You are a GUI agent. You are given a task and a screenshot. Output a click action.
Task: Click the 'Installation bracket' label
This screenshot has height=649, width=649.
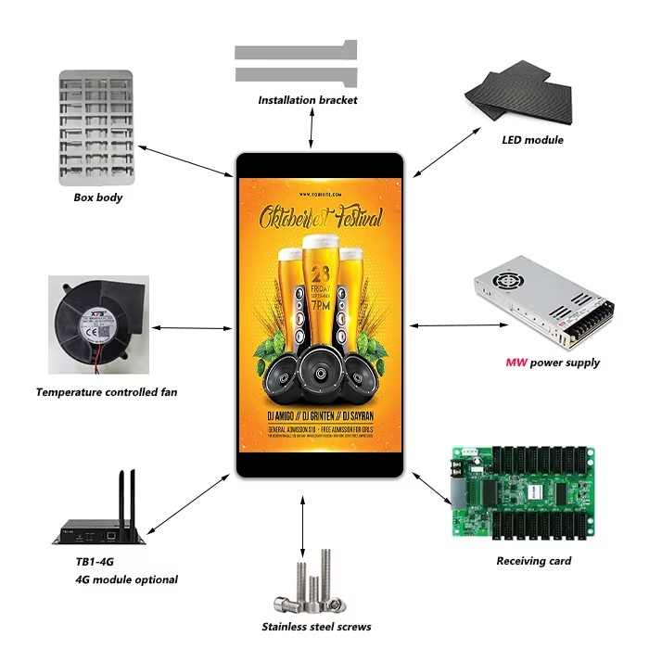pos(307,100)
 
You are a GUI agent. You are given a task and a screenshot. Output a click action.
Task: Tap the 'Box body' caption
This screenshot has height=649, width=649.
pos(98,197)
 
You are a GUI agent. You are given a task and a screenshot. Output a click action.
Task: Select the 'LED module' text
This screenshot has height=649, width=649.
pos(532,140)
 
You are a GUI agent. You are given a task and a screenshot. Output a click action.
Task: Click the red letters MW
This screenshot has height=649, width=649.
pos(515,363)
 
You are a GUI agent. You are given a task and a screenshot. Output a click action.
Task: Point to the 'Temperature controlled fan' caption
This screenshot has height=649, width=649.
pos(107,392)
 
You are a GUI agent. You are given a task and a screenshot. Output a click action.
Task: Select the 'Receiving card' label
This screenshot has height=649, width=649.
pos(534,561)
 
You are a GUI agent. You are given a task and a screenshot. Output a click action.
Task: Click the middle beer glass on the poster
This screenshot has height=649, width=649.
pos(321,278)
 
